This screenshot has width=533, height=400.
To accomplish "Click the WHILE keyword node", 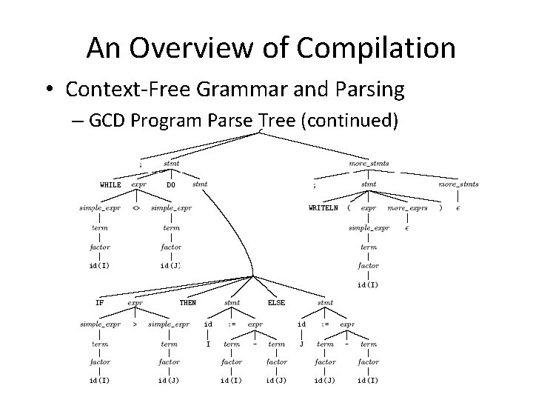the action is [x=111, y=184].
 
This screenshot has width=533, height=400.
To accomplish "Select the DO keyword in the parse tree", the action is [x=171, y=184].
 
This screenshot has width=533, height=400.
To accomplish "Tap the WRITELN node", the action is [x=324, y=208].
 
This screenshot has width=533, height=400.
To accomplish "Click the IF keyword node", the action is [x=99, y=302].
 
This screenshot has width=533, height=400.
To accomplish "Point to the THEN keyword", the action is [x=188, y=302].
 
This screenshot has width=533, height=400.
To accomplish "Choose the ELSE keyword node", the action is [x=276, y=302].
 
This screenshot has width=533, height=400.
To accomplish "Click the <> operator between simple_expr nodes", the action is [x=136, y=208].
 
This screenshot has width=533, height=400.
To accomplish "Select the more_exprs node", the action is [x=407, y=208].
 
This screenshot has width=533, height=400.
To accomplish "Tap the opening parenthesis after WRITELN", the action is [x=348, y=208].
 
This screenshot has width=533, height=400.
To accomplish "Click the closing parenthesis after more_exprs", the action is [x=440, y=208].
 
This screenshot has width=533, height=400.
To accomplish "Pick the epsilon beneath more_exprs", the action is [x=407, y=228].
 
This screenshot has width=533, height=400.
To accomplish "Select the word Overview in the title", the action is [x=171, y=48].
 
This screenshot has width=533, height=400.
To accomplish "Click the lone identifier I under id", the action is [x=208, y=344].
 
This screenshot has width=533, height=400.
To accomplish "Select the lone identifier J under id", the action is [x=301, y=344].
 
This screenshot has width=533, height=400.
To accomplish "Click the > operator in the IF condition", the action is [x=134, y=324].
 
